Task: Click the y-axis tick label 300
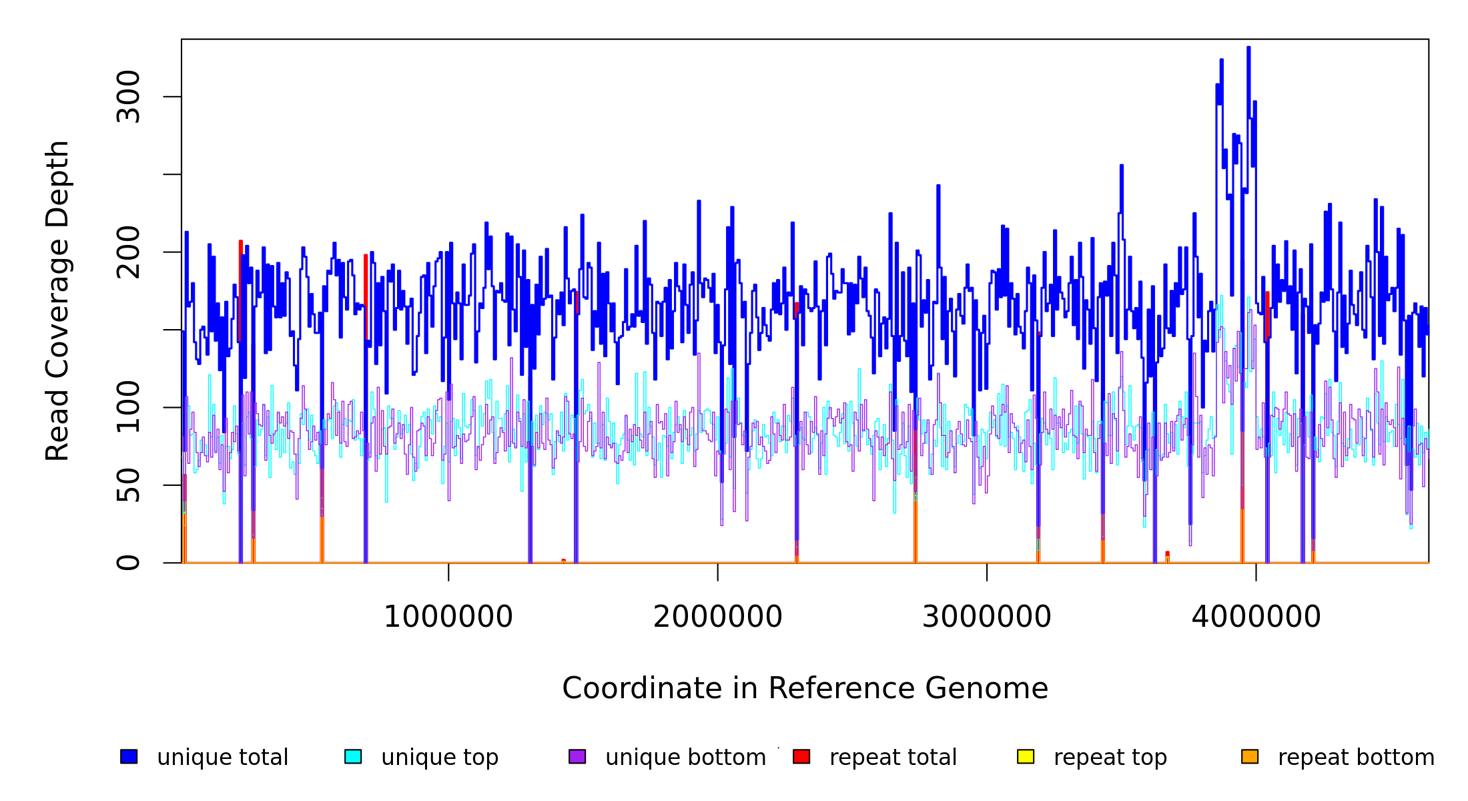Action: pyautogui.click(x=128, y=97)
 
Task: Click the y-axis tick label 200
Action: pyautogui.click(x=128, y=252)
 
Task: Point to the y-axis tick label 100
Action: pyautogui.click(x=128, y=407)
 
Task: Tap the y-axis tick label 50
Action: pyautogui.click(x=128, y=485)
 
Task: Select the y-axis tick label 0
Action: pyautogui.click(x=128, y=563)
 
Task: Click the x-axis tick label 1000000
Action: pyautogui.click(x=448, y=617)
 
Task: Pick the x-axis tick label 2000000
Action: pyautogui.click(x=717, y=617)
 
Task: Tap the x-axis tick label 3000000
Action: pyautogui.click(x=986, y=617)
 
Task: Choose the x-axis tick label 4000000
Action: pyautogui.click(x=1256, y=617)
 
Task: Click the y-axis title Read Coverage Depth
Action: pyautogui.click(x=57, y=300)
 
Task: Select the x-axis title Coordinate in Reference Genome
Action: pyautogui.click(x=805, y=689)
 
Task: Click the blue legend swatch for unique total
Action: pyautogui.click(x=129, y=756)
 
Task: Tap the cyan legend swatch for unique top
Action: pyautogui.click(x=353, y=756)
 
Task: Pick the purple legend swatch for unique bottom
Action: pyautogui.click(x=577, y=756)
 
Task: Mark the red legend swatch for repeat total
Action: pyautogui.click(x=801, y=756)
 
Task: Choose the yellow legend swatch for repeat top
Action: pyautogui.click(x=1026, y=756)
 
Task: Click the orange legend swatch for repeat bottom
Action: pyautogui.click(x=1250, y=756)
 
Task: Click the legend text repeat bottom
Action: pyautogui.click(x=1356, y=758)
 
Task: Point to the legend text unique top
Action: pyautogui.click(x=440, y=758)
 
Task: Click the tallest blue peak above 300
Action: pyautogui.click(x=1248, y=49)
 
